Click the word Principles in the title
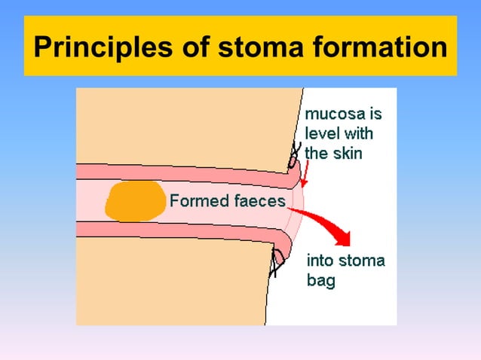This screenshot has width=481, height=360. point(97,49)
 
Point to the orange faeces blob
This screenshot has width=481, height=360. point(136,200)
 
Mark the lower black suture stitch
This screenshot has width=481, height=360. point(277,262)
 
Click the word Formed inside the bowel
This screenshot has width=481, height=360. point(195,200)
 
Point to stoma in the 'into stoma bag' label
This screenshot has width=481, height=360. point(360,261)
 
